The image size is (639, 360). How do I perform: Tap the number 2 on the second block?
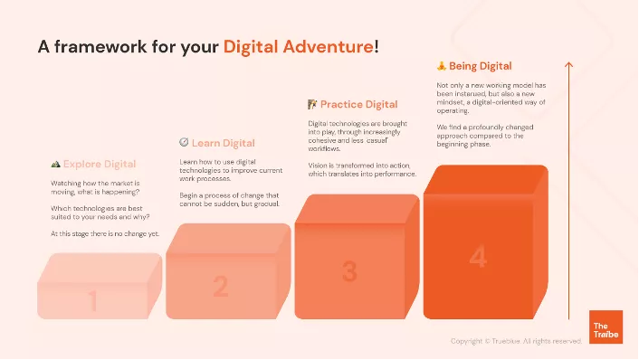tap(220, 287)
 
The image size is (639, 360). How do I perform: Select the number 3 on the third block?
tap(349, 270)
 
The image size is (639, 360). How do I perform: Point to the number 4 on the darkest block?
tap(478, 257)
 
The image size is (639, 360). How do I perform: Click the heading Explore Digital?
tap(100, 165)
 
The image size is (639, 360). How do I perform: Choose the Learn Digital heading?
tap(223, 143)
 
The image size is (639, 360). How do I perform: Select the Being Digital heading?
tap(481, 66)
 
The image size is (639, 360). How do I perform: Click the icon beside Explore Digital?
tap(55, 165)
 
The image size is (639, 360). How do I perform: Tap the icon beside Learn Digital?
tap(184, 143)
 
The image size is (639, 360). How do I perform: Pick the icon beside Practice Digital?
tap(312, 104)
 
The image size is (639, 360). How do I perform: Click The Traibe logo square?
tap(606, 327)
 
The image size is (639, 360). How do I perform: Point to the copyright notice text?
tap(516, 341)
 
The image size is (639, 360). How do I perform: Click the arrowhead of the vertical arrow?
tap(568, 64)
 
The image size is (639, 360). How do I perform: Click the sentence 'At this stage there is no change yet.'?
tap(104, 234)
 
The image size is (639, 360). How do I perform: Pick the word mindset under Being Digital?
tap(438, 103)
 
